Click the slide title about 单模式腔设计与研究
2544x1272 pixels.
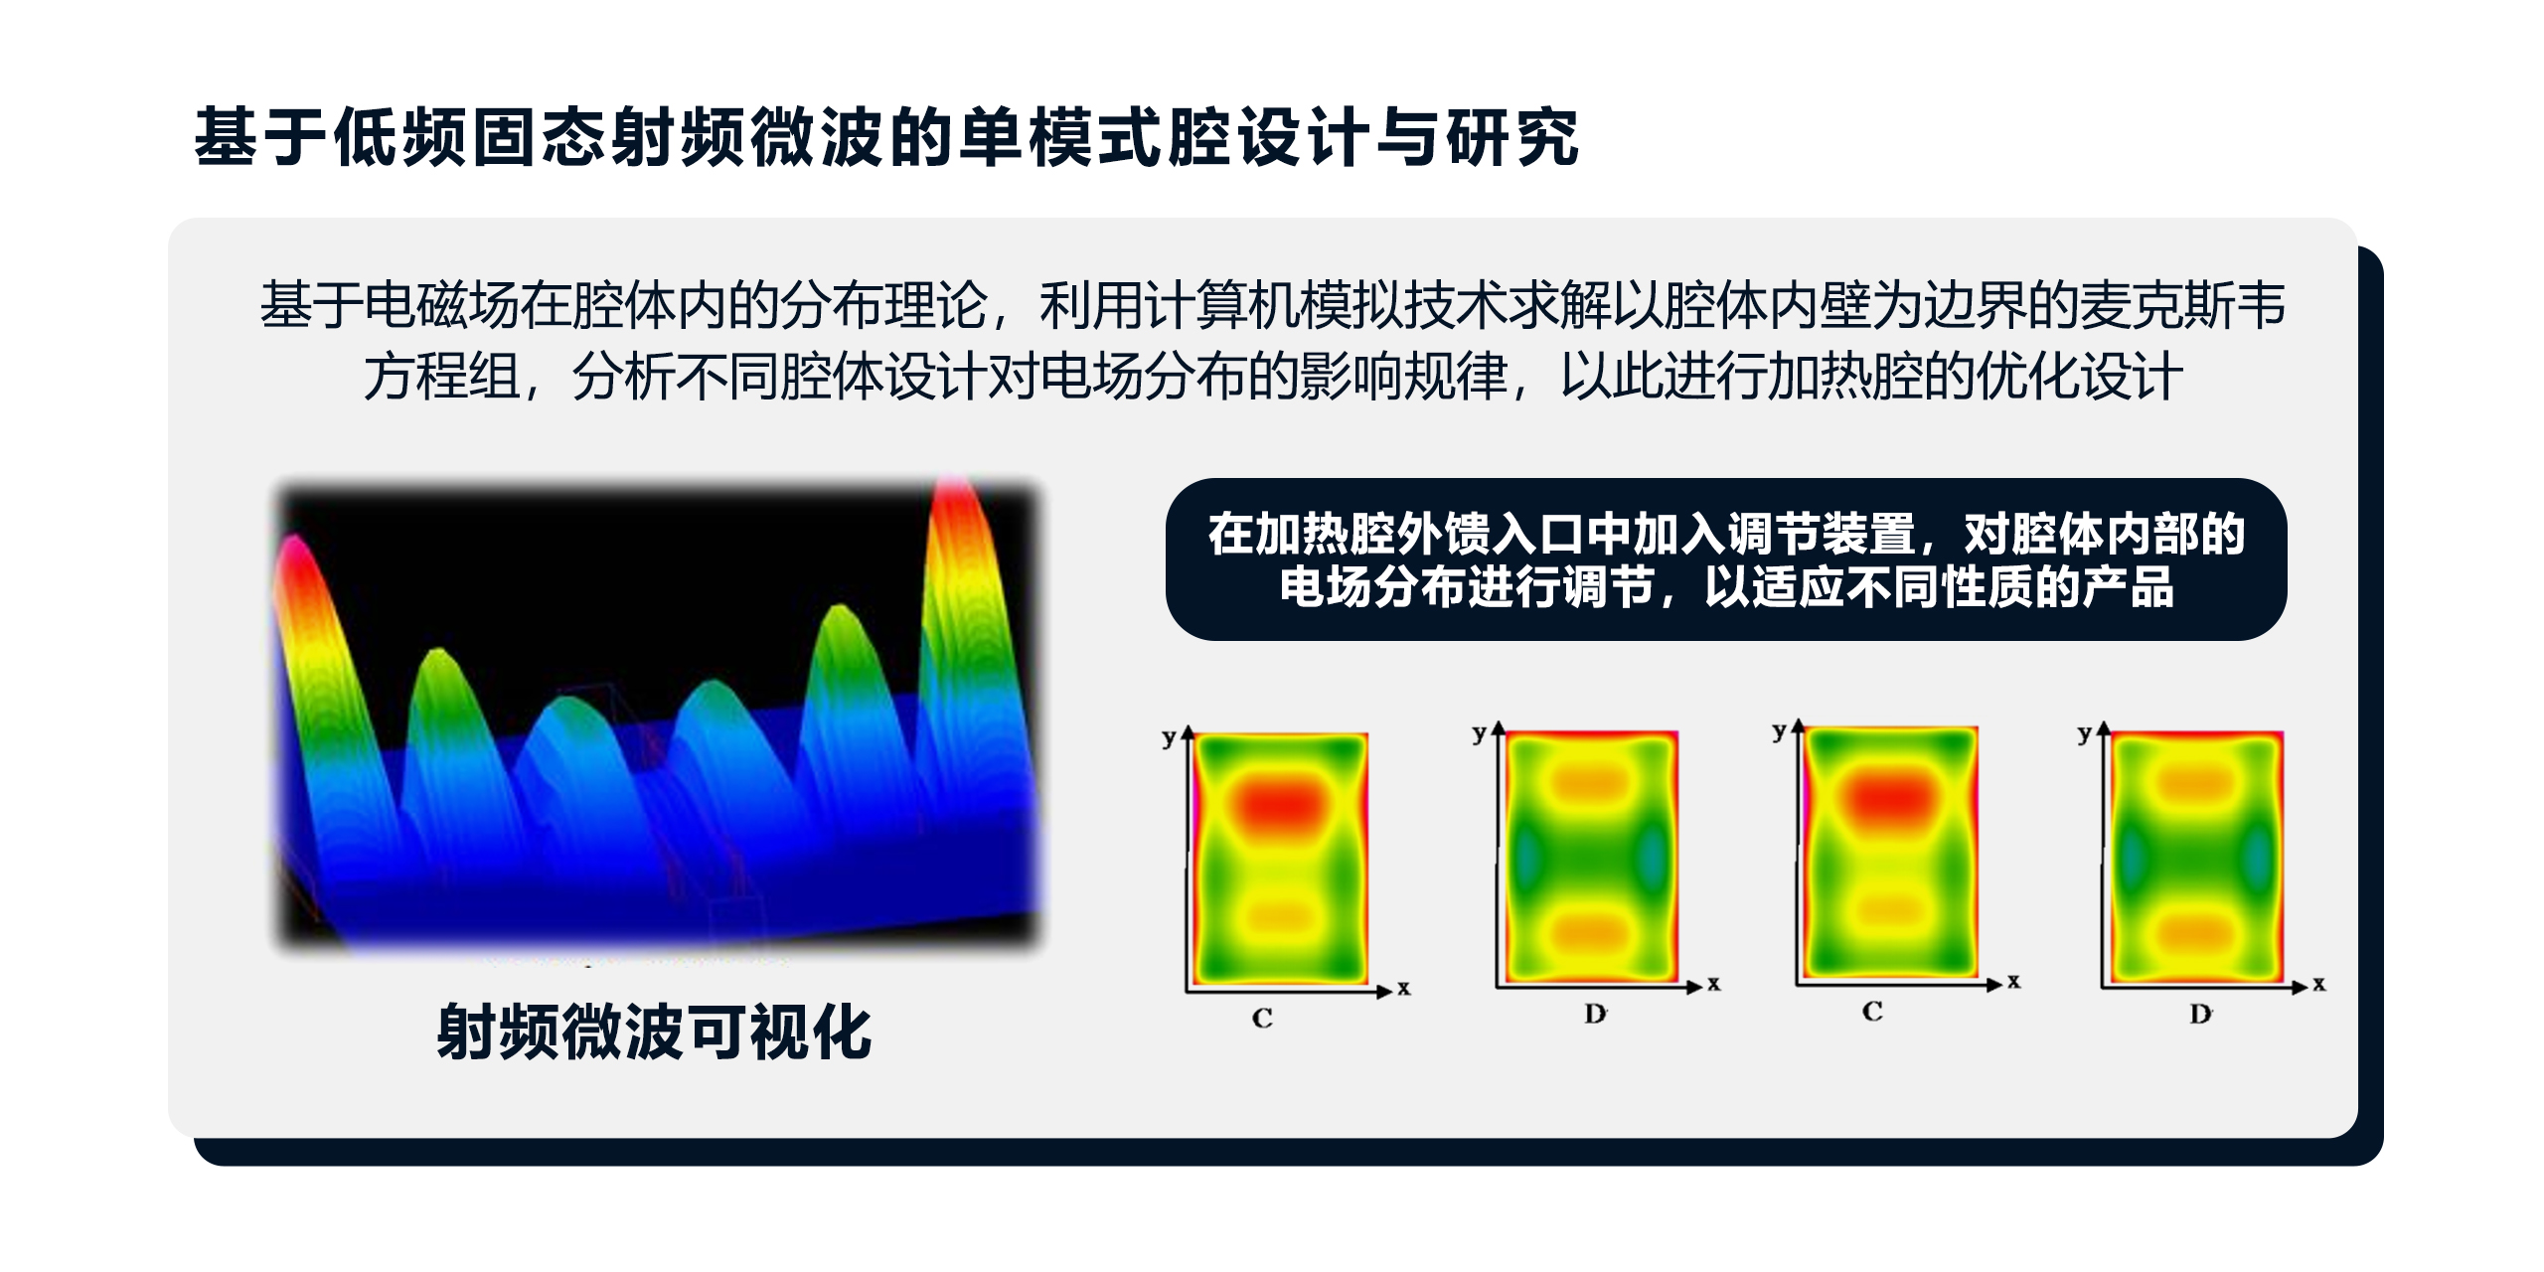[886, 137]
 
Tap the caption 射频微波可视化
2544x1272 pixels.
[654, 1033]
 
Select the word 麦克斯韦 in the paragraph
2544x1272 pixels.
[2182, 305]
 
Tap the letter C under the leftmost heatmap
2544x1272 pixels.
[1262, 1018]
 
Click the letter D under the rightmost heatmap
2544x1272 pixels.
[2200, 1015]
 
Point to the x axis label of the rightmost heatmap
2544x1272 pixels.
[2319, 984]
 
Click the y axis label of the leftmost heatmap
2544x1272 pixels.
[1169, 738]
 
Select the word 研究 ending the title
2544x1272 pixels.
[1511, 137]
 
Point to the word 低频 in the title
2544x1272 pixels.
[402, 137]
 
